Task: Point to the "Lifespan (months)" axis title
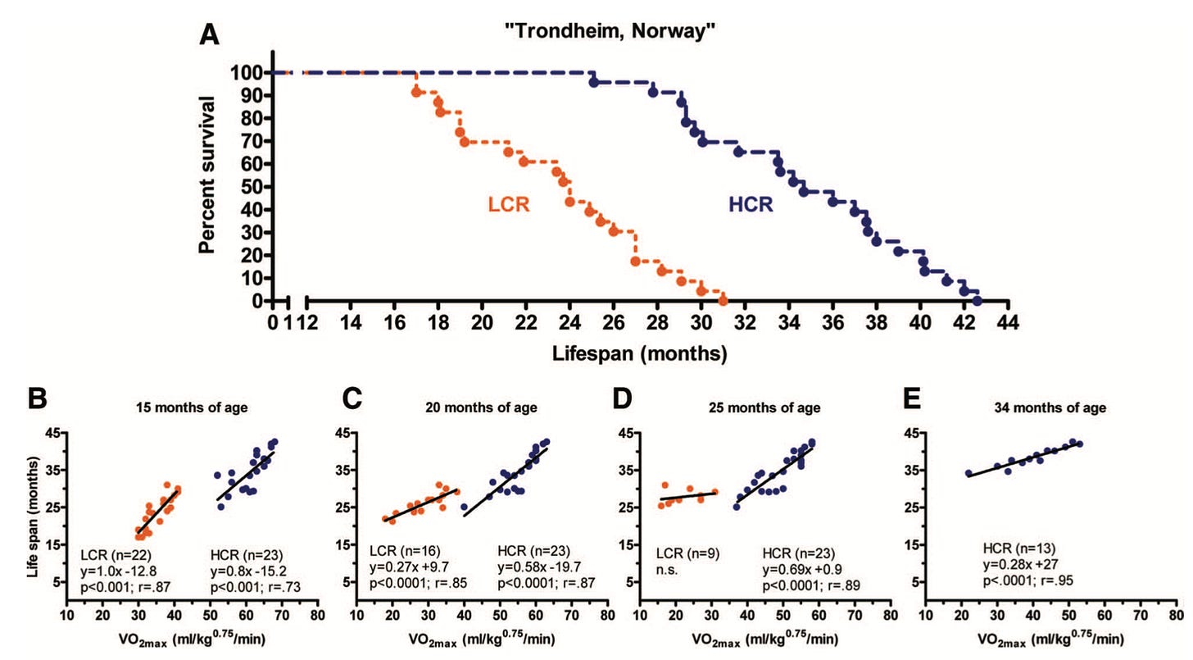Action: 640,354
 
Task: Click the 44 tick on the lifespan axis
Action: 1008,321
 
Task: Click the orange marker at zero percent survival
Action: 723,301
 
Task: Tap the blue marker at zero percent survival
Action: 977,301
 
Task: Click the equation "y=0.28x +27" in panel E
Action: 1018,565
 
